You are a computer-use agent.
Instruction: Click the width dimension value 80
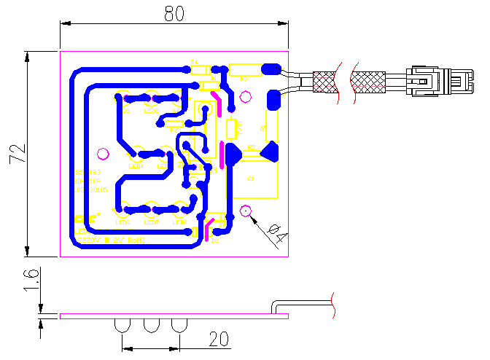(174, 12)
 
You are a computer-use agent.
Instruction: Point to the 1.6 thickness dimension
(28, 279)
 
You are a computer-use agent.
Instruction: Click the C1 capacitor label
(252, 179)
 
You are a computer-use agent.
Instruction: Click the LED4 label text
(136, 166)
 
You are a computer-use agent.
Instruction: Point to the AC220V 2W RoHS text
(111, 239)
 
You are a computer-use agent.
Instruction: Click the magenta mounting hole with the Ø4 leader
(246, 213)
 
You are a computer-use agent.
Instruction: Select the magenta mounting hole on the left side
(103, 154)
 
